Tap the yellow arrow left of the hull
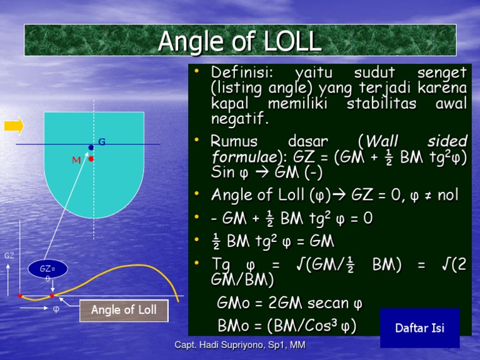coord(14,126)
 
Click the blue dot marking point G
coord(91,147)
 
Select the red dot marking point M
coord(91,159)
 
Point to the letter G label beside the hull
coord(101,142)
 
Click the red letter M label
coord(76,160)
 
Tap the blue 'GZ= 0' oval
coord(47,272)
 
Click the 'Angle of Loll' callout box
coord(124,310)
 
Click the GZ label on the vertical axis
coord(9,256)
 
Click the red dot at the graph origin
coord(20,296)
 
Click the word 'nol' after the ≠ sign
coord(447,194)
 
